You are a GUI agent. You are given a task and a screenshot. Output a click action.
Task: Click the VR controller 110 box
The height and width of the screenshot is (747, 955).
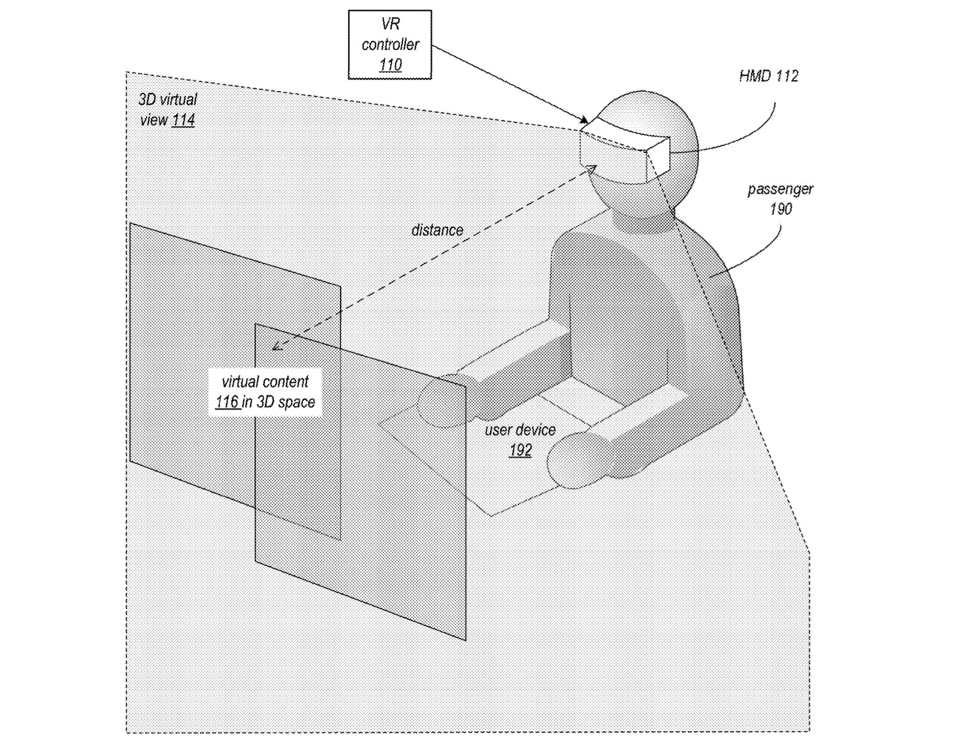click(390, 44)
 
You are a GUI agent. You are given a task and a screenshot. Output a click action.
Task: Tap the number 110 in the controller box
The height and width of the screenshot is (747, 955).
click(390, 64)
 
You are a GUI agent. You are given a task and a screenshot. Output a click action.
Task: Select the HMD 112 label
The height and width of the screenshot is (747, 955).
click(768, 76)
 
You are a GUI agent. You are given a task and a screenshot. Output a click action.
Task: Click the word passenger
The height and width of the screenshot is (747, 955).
click(780, 189)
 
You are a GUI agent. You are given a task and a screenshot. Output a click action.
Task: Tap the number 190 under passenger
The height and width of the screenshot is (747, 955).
click(781, 208)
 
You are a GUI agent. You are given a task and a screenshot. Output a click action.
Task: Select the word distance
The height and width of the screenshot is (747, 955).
click(437, 230)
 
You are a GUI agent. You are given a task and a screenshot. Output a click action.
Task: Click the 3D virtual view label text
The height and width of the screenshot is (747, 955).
click(167, 100)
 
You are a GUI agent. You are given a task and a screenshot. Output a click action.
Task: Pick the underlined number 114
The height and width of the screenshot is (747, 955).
click(183, 120)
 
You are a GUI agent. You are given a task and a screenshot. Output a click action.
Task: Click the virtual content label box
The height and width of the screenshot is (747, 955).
click(266, 392)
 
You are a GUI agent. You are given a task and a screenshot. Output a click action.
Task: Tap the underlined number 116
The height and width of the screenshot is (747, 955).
click(227, 402)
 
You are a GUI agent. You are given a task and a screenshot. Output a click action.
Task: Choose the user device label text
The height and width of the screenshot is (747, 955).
click(520, 430)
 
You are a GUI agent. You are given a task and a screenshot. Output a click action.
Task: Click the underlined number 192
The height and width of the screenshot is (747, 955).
click(520, 450)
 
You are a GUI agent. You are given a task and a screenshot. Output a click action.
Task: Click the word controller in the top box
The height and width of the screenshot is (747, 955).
click(390, 44)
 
